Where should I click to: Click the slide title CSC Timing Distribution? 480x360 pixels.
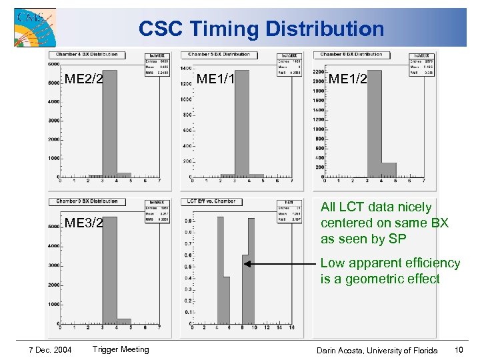[261, 29]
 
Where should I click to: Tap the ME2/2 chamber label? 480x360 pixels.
[83, 80]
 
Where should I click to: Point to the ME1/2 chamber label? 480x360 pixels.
[349, 79]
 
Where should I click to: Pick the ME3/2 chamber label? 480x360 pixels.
[83, 223]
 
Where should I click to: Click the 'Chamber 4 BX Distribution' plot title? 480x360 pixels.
[87, 55]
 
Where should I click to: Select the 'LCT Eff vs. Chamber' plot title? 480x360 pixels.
[211, 201]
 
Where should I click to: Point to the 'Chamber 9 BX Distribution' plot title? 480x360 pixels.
[87, 201]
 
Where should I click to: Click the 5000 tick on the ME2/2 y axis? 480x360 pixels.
[52, 83]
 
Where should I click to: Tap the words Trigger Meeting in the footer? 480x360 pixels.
[121, 349]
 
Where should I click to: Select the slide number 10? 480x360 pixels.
[458, 350]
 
